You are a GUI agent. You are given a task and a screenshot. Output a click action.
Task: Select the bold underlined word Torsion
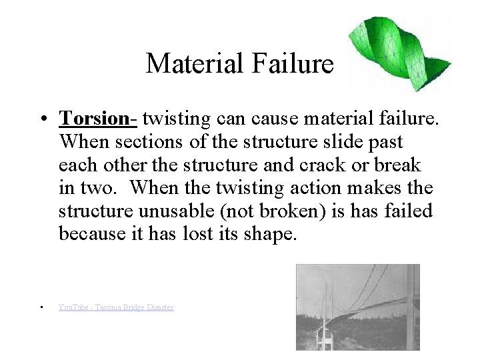click(96, 119)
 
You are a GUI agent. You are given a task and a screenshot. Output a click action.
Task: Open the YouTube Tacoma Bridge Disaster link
click(116, 307)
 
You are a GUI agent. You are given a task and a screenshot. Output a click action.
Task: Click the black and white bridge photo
click(358, 307)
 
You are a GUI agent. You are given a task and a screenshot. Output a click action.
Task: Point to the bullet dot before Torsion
click(42, 120)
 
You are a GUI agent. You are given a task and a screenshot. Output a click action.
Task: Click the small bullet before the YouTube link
click(41, 307)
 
